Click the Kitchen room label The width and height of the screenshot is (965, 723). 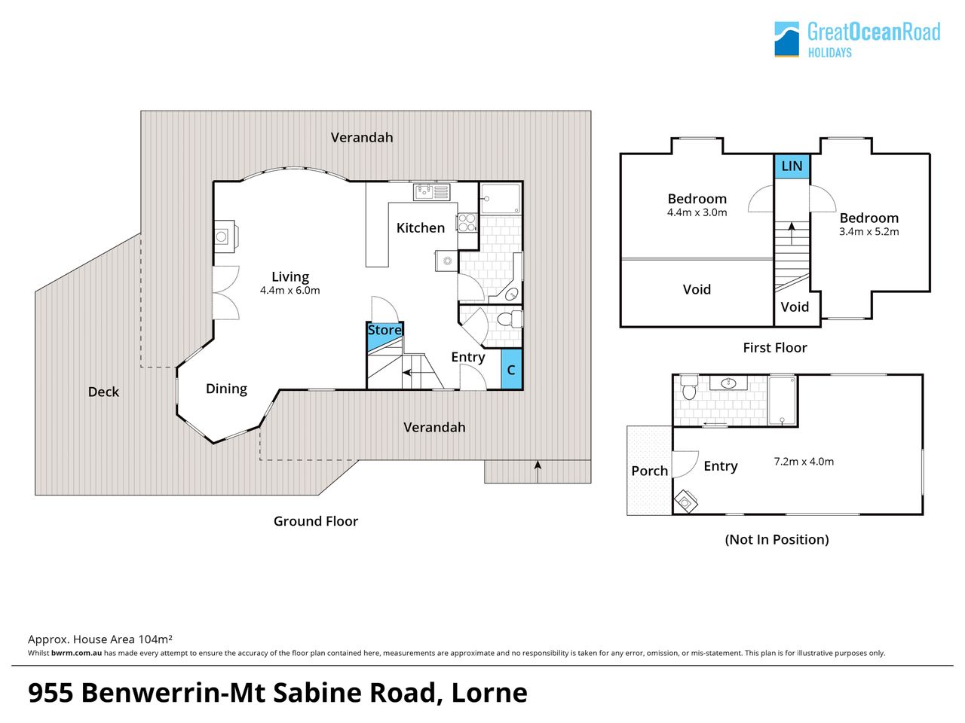coord(420,228)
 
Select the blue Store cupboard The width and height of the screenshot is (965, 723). coord(384,336)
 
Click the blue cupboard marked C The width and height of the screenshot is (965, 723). coord(511,369)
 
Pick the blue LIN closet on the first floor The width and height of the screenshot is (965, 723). coord(792,166)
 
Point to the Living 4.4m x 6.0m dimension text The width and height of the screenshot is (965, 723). coord(289,290)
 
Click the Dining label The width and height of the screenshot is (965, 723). coord(226,389)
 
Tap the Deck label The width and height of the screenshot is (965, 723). coord(103,392)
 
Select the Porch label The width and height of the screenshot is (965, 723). coord(649,471)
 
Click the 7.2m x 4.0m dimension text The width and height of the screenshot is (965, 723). coord(804,462)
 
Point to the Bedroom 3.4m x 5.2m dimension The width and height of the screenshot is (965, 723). coord(868,231)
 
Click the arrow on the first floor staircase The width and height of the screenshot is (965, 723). coord(792,233)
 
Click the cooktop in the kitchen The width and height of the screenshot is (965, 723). coord(467,222)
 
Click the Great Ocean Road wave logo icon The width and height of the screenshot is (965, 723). coord(786,39)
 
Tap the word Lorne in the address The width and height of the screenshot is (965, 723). coord(489,693)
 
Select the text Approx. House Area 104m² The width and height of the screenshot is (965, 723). coord(100,639)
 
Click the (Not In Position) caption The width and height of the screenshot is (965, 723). coord(777,539)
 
